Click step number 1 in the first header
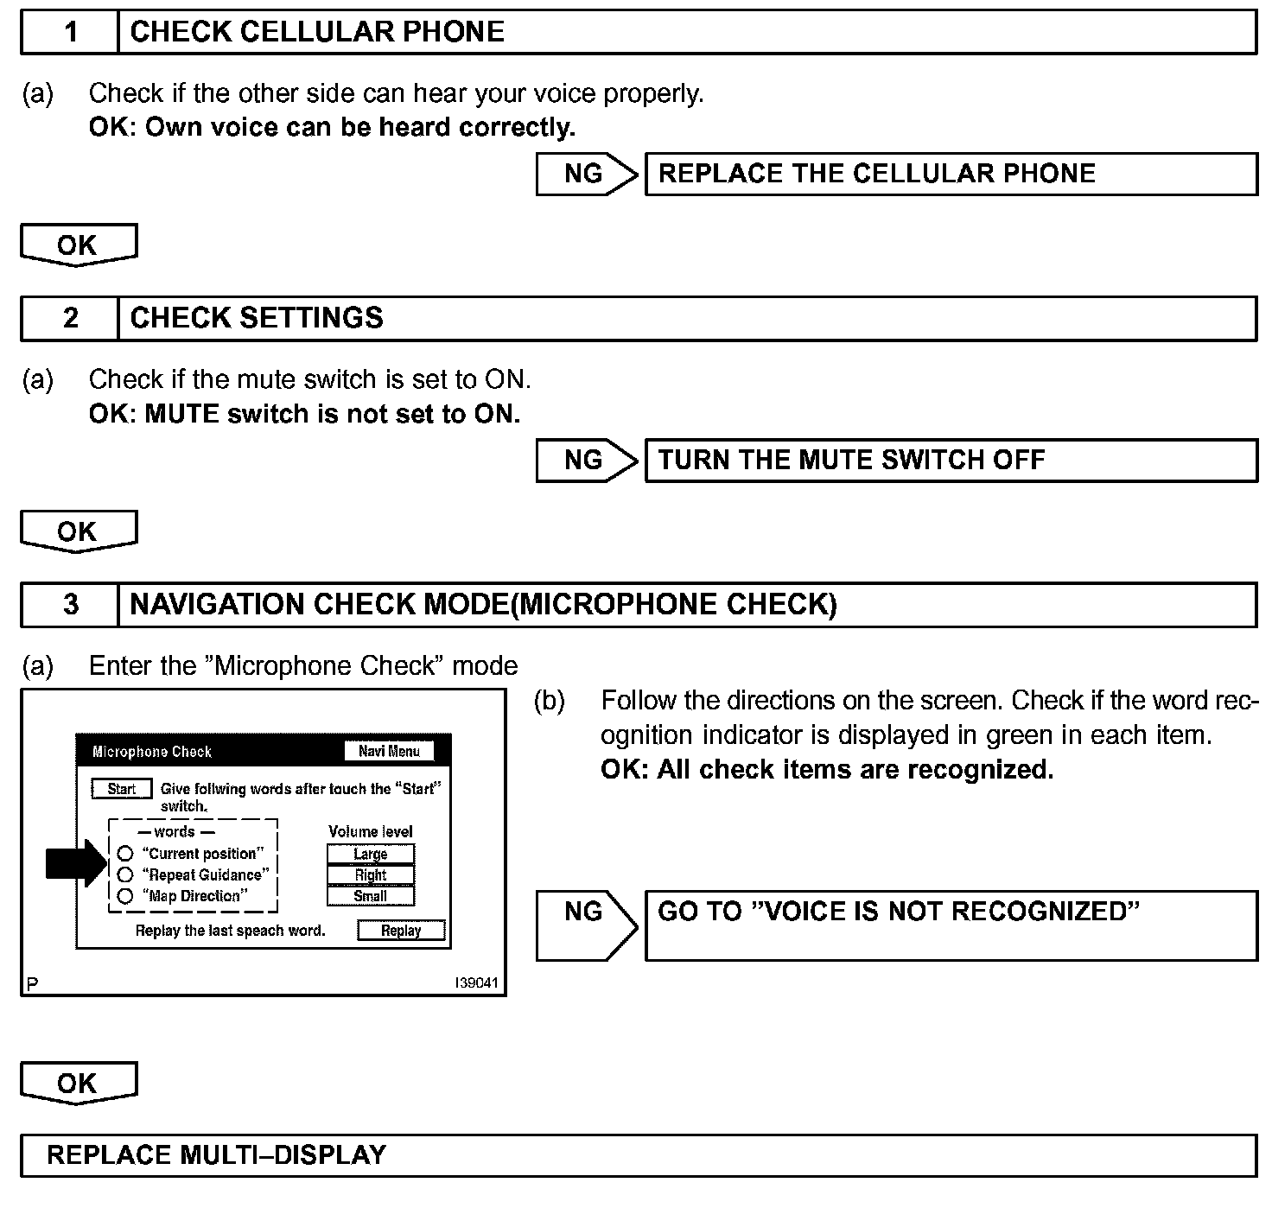[x=70, y=33]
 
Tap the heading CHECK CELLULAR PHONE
[x=316, y=33]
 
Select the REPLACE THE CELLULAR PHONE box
[x=951, y=174]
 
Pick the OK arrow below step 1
[x=78, y=245]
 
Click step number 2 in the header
[x=70, y=319]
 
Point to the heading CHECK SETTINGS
[x=256, y=319]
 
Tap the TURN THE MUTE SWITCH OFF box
[x=951, y=461]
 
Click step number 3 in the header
[x=70, y=605]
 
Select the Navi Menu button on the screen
[x=389, y=751]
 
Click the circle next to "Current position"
[x=125, y=854]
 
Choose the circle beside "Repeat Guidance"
[x=125, y=874]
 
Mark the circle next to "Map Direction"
[x=125, y=896]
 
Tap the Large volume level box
[x=371, y=854]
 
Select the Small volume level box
[x=371, y=896]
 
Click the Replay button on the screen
[x=401, y=931]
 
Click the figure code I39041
[x=477, y=983]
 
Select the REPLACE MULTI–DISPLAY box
[x=638, y=1156]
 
